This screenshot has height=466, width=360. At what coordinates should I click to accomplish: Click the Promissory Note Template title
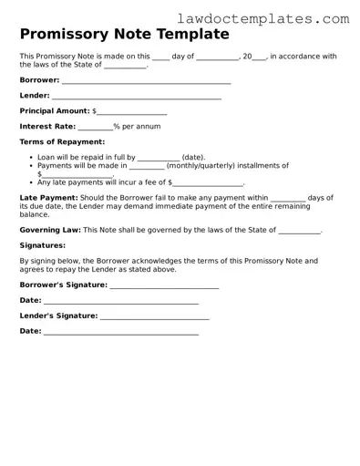tap(124, 36)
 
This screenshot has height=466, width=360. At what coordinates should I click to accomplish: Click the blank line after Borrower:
tap(146, 81)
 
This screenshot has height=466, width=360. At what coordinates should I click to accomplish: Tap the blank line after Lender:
tap(137, 96)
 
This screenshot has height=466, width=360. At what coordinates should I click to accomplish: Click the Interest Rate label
tap(47, 127)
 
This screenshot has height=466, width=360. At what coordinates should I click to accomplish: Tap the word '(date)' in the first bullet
tap(193, 157)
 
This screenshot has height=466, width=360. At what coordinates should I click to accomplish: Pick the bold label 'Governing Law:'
tap(50, 231)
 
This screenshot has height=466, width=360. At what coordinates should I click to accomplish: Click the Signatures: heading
tap(42, 245)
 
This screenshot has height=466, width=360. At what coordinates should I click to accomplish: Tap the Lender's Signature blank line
tap(155, 316)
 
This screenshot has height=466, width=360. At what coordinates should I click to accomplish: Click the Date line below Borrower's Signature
tap(120, 301)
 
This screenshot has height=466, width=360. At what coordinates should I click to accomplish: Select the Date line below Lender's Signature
tap(120, 332)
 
